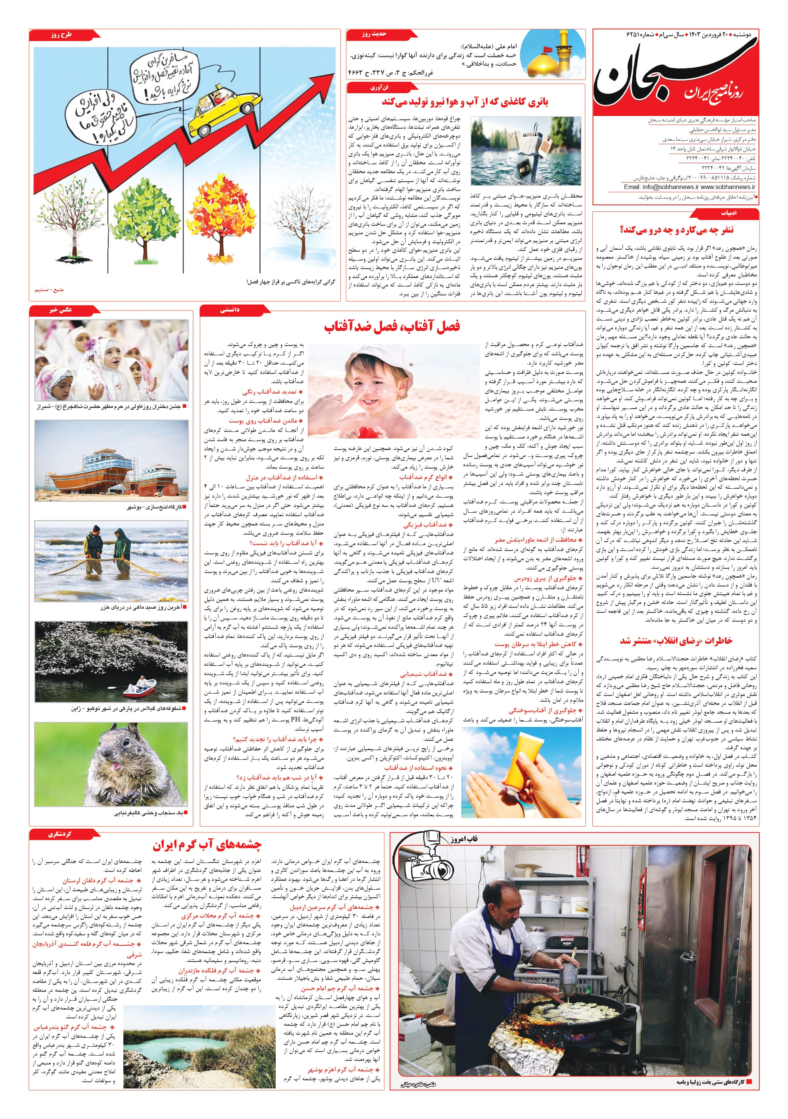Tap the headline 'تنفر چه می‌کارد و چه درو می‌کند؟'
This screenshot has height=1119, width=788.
677,230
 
